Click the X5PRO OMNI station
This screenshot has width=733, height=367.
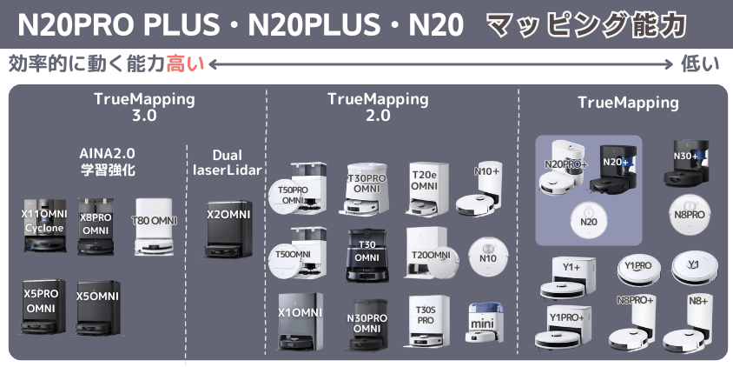click(41, 307)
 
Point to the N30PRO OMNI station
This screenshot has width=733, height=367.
click(367, 324)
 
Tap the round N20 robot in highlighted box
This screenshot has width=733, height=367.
click(588, 220)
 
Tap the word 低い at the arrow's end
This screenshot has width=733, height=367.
click(700, 63)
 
